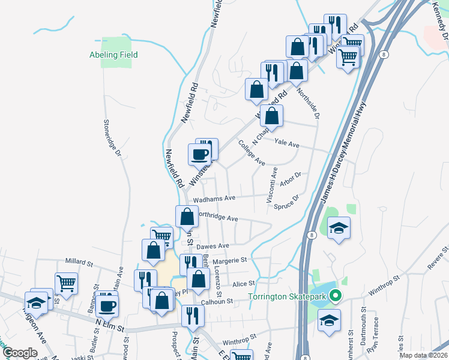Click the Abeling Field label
tap(113, 55)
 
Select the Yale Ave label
tap(286, 143)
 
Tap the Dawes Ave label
tap(213, 246)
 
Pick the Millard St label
tap(80, 262)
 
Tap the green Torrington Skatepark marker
tap(336, 295)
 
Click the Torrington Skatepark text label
tap(289, 296)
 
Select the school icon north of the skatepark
tap(339, 228)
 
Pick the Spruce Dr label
tap(286, 203)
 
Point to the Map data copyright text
tap(423, 355)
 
